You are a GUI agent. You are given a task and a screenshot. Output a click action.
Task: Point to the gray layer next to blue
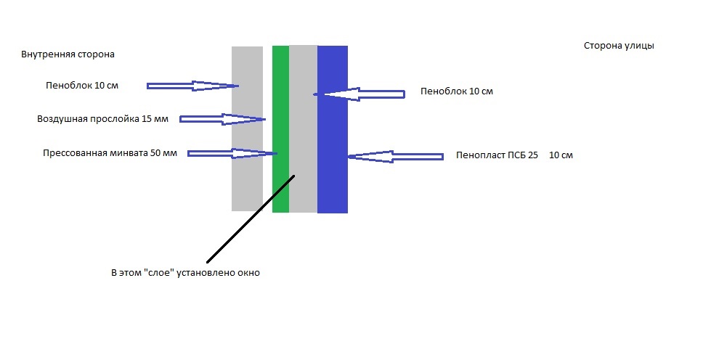tap(304, 196)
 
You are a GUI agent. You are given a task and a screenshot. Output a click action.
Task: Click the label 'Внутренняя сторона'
tap(68, 54)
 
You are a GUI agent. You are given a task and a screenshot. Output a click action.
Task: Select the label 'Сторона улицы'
tap(619, 46)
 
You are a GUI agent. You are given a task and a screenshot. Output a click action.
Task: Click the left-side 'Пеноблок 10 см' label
tap(81, 86)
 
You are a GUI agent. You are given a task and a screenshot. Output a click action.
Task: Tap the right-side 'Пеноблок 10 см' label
tap(457, 92)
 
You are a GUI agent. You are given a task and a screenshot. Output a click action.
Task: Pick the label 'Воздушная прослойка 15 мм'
tap(102, 119)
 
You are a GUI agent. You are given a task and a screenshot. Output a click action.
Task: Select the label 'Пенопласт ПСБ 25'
tap(497, 155)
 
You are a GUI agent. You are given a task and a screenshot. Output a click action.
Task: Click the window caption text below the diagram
tap(184, 274)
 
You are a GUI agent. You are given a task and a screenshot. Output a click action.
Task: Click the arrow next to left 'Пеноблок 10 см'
tap(192, 86)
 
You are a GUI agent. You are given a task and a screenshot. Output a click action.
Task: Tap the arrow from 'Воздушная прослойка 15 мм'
tap(222, 119)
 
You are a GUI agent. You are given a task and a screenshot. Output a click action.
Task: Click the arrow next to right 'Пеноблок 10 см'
tap(359, 94)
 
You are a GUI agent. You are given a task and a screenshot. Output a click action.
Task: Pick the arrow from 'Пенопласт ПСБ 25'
tap(395, 156)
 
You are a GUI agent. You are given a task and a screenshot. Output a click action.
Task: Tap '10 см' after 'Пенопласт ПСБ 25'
tap(561, 155)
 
